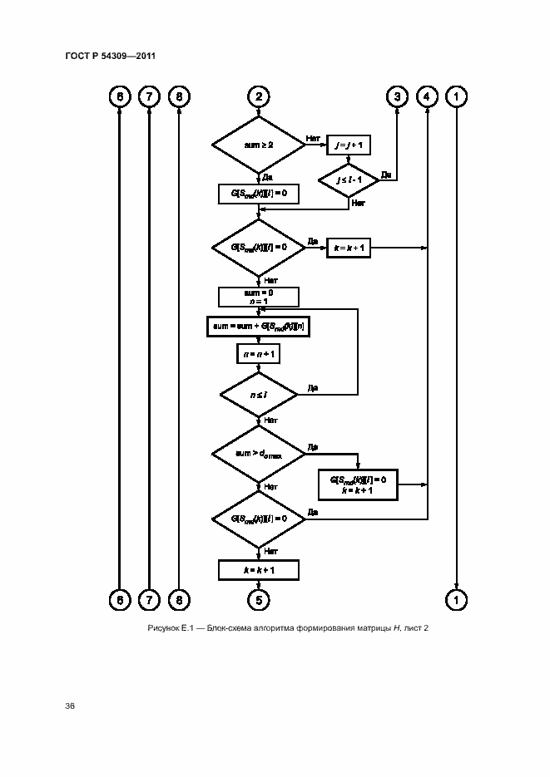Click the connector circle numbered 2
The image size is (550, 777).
[259, 97]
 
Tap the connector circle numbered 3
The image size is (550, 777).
[397, 97]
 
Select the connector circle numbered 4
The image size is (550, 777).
[427, 97]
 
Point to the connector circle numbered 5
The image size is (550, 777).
[259, 598]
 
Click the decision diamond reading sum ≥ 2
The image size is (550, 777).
[259, 145]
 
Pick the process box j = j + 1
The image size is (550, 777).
[349, 145]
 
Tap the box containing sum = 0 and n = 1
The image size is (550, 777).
[258, 297]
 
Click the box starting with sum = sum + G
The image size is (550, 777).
[258, 327]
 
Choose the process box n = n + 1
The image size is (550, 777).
[258, 353]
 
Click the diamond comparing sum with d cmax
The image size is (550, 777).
[258, 454]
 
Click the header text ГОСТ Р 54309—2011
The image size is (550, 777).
[111, 56]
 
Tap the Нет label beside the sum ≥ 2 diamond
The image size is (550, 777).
[313, 138]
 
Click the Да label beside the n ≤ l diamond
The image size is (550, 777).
[312, 387]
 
